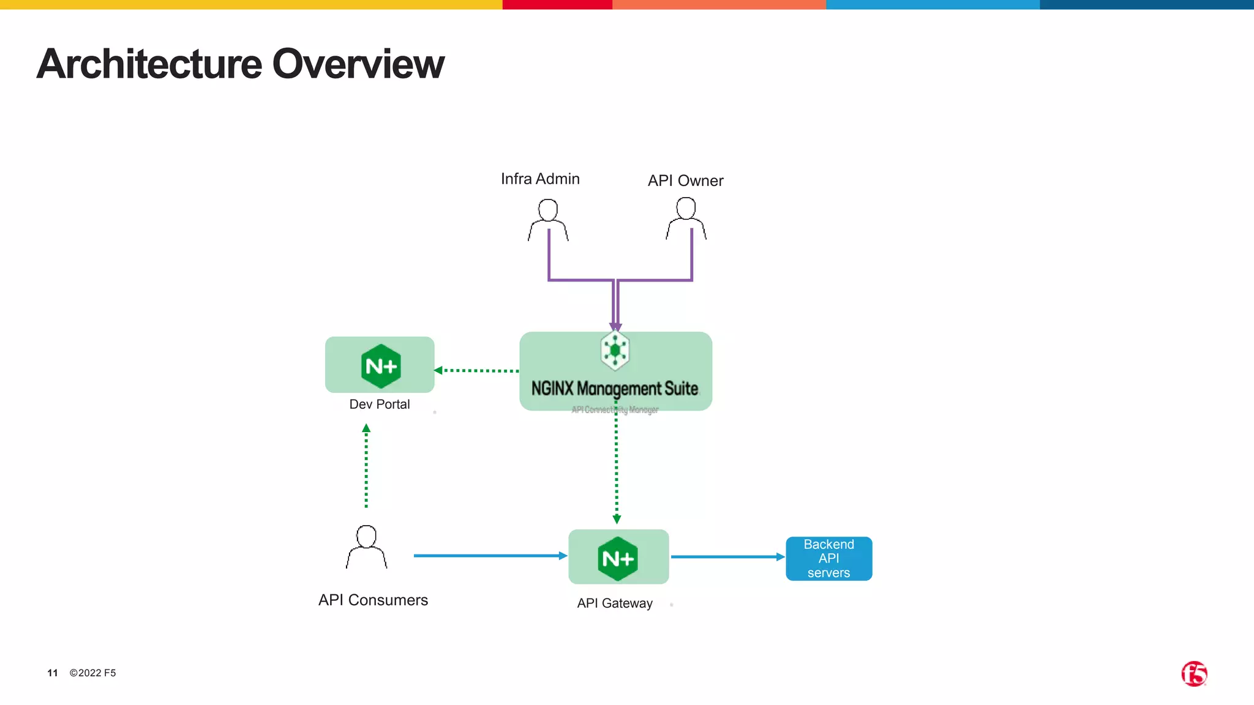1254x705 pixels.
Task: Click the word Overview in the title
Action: (358, 64)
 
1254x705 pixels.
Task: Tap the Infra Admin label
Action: (540, 179)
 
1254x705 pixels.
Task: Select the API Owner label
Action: (685, 181)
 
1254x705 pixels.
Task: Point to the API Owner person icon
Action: (686, 218)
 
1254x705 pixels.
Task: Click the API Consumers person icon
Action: (366, 546)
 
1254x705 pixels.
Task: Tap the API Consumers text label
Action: (373, 600)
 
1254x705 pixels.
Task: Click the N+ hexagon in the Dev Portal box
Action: (381, 366)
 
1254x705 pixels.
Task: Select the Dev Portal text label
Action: (379, 404)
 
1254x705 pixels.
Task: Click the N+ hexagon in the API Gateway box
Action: (618, 558)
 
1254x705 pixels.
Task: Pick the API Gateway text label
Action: (615, 603)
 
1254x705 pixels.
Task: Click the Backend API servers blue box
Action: (828, 558)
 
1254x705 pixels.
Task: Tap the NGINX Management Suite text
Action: (614, 389)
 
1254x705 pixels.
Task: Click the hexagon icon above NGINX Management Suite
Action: (615, 351)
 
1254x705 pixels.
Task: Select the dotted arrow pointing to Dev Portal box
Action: (478, 370)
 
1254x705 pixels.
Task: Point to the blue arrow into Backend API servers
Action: (727, 557)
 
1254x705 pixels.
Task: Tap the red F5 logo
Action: (1193, 674)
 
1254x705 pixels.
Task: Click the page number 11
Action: (53, 673)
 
